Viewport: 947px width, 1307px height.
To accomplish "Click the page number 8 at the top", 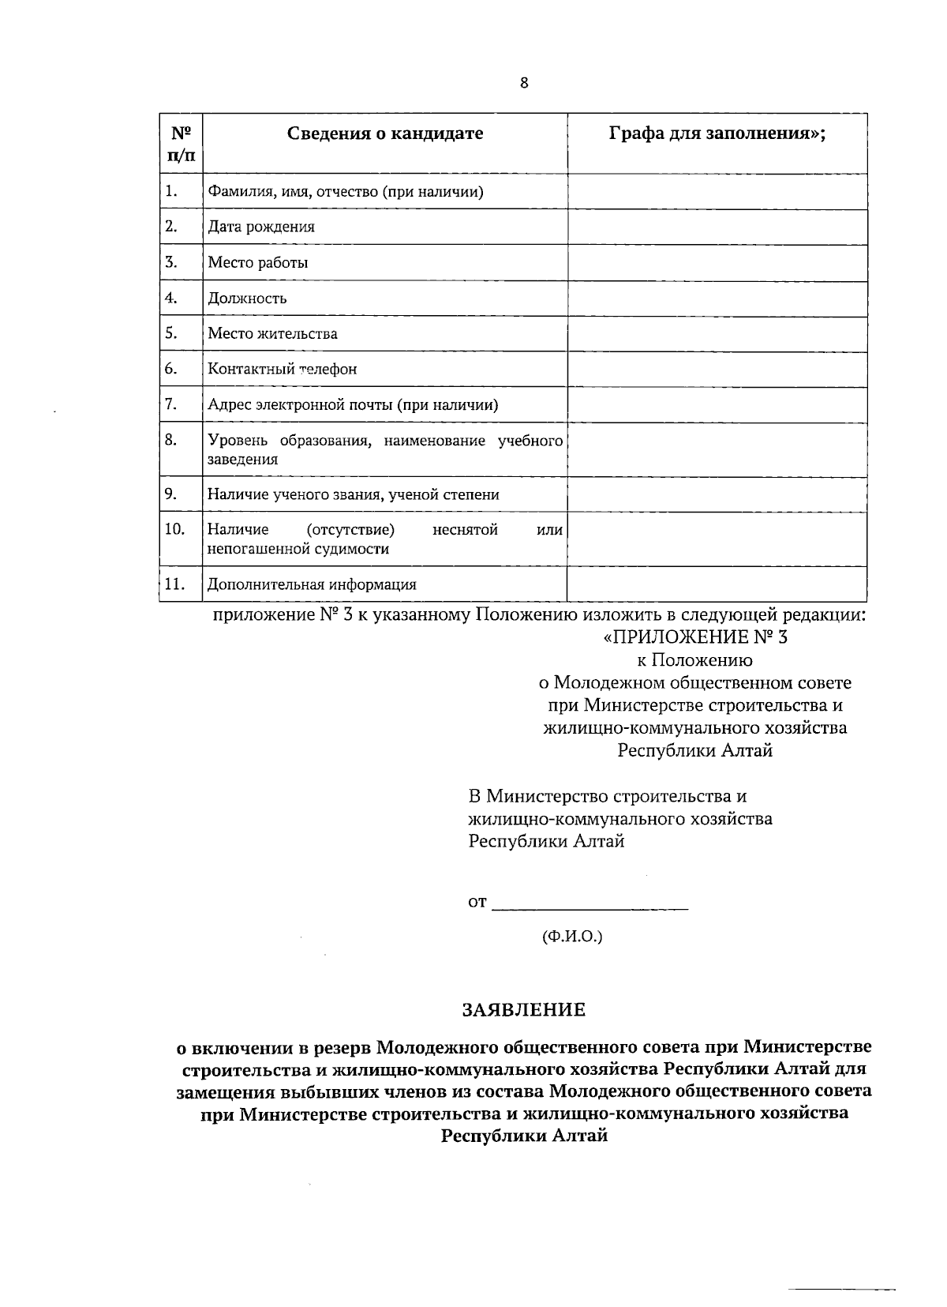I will tap(524, 84).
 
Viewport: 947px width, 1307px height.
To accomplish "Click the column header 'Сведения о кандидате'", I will tap(384, 133).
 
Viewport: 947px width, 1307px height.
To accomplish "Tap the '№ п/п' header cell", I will tap(181, 144).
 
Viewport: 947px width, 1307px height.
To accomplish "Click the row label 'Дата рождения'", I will tap(261, 227).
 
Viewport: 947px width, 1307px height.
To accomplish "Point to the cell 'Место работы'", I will tap(257, 263).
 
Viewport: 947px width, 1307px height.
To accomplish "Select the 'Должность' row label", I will tap(247, 299).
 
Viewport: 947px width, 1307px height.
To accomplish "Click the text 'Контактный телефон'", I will tap(282, 369).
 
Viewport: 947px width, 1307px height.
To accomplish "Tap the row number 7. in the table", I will tap(170, 404).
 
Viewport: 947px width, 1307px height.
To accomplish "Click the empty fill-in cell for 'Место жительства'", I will tap(717, 334).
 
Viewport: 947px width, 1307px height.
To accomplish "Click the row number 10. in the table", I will tap(174, 529).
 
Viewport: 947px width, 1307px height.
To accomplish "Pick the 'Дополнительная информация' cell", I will tap(312, 585).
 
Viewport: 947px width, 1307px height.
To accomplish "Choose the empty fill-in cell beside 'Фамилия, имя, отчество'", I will tap(717, 192).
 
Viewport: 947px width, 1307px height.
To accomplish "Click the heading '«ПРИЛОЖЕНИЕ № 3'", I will tap(694, 637).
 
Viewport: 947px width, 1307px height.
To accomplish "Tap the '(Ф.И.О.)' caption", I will tap(571, 937).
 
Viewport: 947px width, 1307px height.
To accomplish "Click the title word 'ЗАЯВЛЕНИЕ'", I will tap(524, 1009).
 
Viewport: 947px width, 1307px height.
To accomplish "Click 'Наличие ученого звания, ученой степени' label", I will tap(353, 495).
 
